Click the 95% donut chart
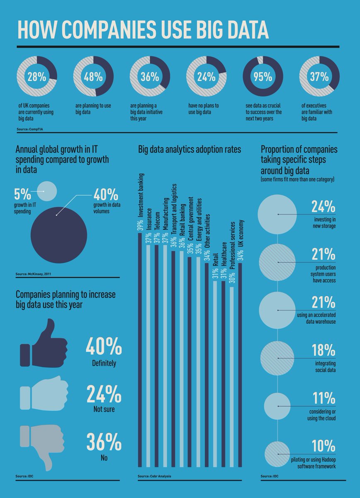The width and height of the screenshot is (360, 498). [263, 76]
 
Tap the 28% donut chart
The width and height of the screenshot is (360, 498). [36, 76]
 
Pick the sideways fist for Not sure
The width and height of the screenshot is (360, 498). [44, 393]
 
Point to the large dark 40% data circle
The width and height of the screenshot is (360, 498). [58, 234]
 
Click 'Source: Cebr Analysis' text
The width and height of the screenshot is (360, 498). [154, 476]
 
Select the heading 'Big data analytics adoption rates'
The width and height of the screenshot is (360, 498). [189, 150]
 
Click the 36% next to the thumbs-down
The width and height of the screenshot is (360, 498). [104, 442]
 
